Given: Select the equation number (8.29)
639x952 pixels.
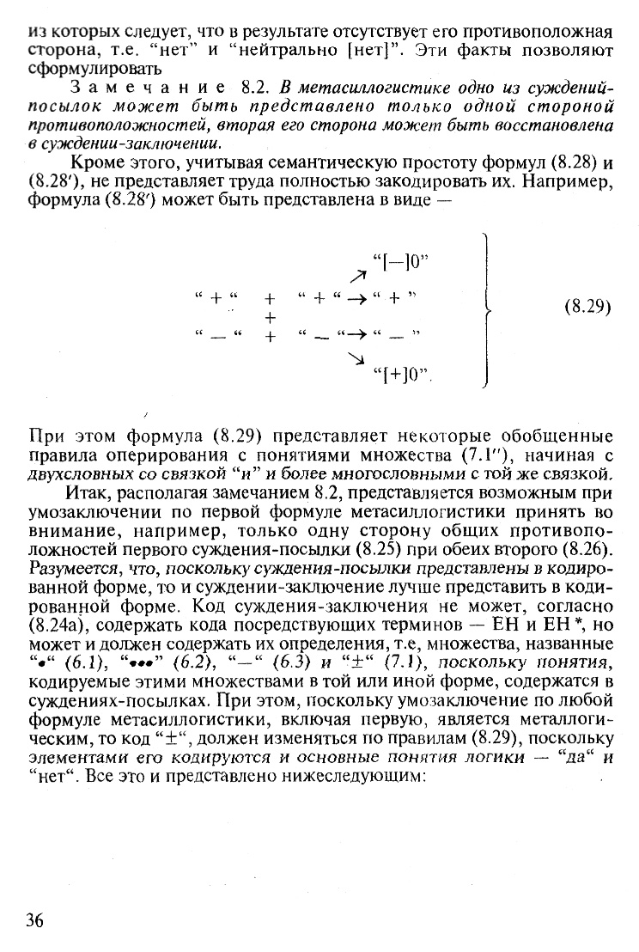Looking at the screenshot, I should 587,307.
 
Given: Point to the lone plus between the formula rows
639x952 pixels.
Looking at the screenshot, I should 270,317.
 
